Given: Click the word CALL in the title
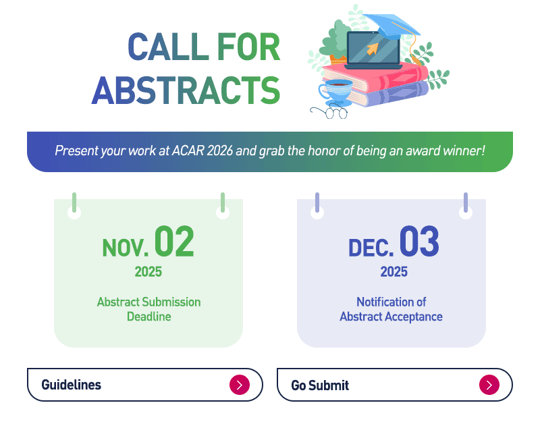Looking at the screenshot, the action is (168, 47).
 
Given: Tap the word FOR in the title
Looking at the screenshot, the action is (248, 47).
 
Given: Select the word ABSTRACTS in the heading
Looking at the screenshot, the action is (186, 90).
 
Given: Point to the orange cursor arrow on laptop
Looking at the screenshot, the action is (373, 49).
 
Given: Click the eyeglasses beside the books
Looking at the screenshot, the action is (329, 113).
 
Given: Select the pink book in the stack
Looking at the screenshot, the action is (375, 77).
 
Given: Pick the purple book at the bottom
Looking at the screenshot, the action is (389, 94).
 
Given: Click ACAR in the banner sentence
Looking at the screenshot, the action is (188, 151).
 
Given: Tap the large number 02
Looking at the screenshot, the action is (174, 242).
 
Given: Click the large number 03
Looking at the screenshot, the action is (419, 242).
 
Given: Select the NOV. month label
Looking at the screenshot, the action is (126, 248).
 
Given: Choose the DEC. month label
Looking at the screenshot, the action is (371, 248).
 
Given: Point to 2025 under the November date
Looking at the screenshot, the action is (148, 271).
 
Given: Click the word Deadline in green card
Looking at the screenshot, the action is (148, 317).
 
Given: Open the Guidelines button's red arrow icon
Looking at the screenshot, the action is (240, 385).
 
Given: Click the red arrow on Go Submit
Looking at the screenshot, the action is (489, 385).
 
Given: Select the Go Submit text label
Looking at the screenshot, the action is (320, 385).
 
